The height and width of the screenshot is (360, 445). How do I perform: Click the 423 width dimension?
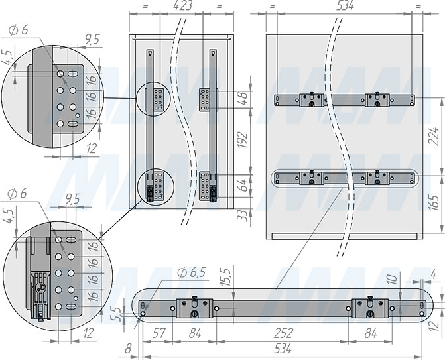tap(182, 6)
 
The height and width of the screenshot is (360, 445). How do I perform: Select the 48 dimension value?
tap(243, 99)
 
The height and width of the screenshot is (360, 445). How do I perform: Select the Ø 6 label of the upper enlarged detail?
tap(17, 30)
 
